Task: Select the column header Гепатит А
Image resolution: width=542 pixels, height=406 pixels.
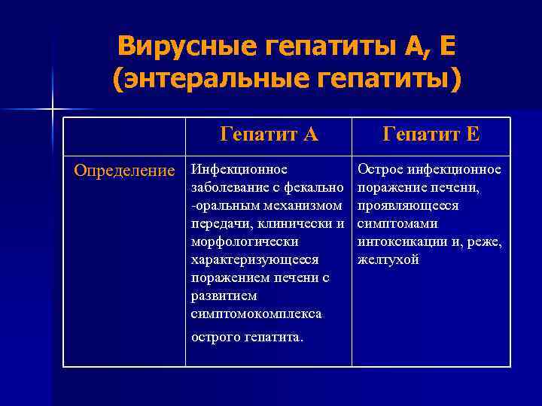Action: click(269, 135)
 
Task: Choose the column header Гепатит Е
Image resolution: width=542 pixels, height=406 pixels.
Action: click(431, 135)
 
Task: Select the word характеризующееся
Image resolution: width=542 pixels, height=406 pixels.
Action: click(254, 260)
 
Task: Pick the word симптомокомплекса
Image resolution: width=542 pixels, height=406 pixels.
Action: click(256, 314)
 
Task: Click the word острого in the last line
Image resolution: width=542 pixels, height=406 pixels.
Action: click(215, 338)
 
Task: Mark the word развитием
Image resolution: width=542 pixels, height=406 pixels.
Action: click(224, 296)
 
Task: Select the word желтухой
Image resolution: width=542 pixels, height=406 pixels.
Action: click(388, 260)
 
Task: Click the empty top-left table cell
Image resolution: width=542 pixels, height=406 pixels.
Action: click(123, 135)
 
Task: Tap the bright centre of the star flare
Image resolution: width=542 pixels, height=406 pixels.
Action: click(53, 110)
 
